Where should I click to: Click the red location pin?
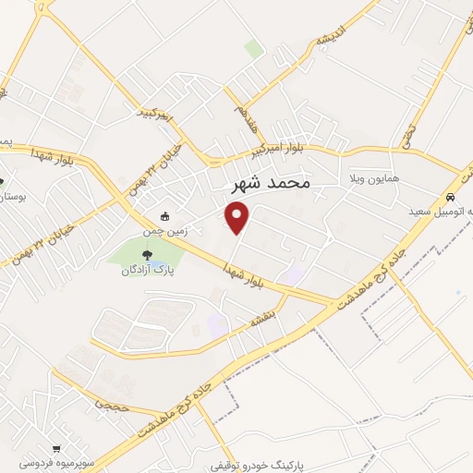click(x=238, y=218)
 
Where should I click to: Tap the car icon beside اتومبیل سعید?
click(x=449, y=198)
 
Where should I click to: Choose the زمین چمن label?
click(x=169, y=232)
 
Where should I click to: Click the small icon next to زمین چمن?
click(x=164, y=217)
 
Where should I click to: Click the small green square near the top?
click(x=253, y=49)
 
